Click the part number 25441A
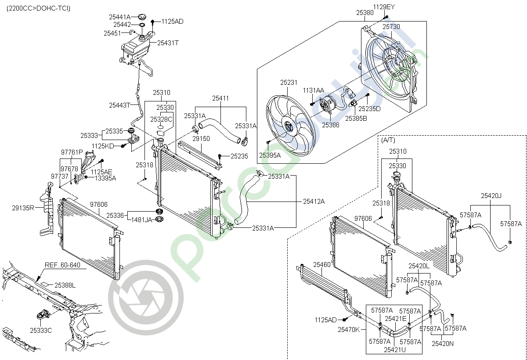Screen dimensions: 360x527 click(120, 17)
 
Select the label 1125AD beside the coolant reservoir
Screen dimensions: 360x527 click(172, 21)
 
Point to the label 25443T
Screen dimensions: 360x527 click(120, 105)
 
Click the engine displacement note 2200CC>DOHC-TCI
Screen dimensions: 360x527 click(38, 8)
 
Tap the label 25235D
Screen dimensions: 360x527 click(369, 108)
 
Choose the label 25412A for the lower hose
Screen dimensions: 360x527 click(314, 202)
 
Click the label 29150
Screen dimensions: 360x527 click(202, 138)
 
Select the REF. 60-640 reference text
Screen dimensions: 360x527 click(62, 265)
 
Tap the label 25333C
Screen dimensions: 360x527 click(41, 330)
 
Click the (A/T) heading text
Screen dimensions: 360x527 click(388, 140)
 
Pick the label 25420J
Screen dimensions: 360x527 click(491, 196)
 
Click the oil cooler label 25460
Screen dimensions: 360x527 click(321, 265)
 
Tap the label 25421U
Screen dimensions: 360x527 click(394, 350)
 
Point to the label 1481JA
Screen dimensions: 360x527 click(142, 220)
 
